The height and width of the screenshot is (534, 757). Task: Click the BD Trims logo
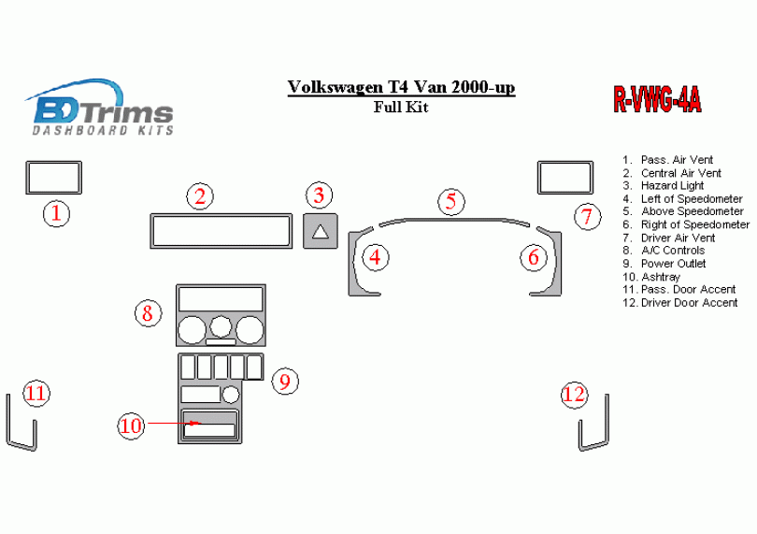point(100,108)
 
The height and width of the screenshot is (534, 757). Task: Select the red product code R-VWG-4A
point(657,100)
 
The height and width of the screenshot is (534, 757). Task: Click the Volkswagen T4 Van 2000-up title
point(401,87)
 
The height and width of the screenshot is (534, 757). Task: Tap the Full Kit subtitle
point(401,107)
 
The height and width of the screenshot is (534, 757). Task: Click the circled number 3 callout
point(319,195)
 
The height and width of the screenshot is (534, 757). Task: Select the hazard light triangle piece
point(320,231)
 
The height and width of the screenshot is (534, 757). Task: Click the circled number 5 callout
point(451,201)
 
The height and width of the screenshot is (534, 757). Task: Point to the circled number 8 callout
point(148,312)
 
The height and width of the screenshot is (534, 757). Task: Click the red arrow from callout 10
point(174,423)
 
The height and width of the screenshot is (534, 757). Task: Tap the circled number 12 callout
point(575,395)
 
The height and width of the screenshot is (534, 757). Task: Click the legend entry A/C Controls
point(664,251)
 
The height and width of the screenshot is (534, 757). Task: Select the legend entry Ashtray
point(651,277)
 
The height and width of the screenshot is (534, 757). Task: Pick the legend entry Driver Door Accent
point(679,302)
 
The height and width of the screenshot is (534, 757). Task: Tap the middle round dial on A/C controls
point(221,326)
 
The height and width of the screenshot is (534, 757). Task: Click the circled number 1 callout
point(56,213)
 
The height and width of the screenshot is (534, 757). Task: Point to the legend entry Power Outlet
point(664,264)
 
